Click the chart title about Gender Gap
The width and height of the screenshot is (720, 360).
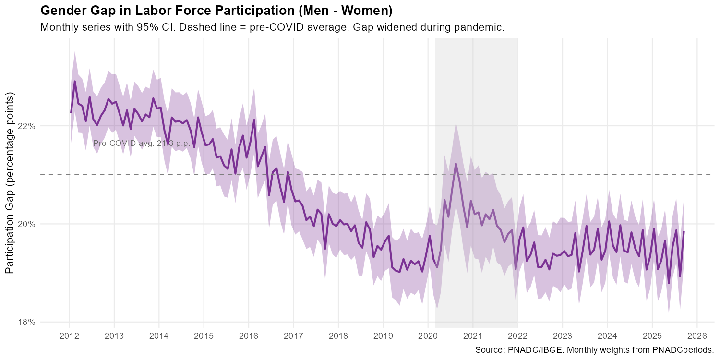point(216,10)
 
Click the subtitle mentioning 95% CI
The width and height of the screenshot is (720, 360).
point(272,27)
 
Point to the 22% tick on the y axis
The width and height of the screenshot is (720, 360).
point(26,126)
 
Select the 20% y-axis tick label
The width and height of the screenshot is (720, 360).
point(26,224)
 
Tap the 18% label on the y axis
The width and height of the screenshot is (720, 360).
point(26,322)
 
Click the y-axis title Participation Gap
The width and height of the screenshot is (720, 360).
point(10,185)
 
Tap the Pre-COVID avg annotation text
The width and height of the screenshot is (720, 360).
point(142,143)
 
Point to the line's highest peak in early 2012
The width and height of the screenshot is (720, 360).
point(75,81)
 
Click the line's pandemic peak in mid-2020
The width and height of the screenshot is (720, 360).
point(456,164)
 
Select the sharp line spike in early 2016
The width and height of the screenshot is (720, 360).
point(254,120)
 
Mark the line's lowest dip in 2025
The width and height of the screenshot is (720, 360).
point(669,283)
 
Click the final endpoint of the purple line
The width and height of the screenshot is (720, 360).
point(684,232)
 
